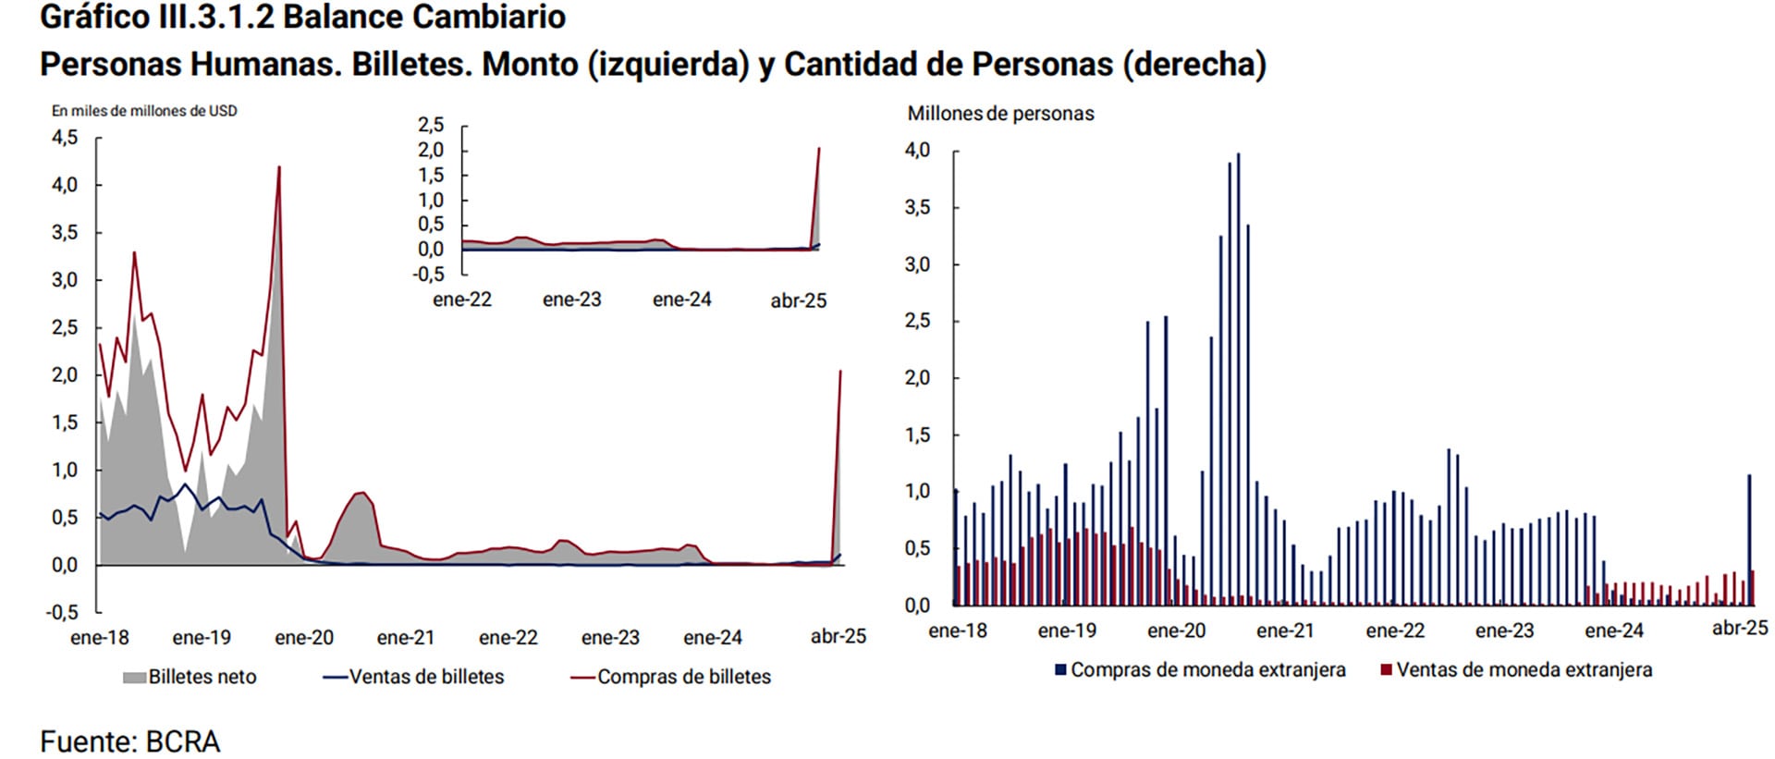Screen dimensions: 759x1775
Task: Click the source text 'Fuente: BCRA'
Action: point(129,741)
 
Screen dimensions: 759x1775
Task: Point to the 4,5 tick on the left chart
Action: point(65,138)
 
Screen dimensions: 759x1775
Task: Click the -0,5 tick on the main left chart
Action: point(63,612)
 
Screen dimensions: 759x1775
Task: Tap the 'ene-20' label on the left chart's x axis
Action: point(304,638)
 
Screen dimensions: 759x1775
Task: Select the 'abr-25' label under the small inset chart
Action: point(799,300)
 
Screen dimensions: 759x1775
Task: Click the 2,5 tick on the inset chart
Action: point(431,125)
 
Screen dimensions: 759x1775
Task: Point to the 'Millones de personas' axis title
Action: point(1000,114)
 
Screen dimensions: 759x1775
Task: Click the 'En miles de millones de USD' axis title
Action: point(144,111)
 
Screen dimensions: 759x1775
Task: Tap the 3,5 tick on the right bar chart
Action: point(917,207)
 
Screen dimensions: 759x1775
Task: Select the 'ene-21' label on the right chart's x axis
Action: point(1285,630)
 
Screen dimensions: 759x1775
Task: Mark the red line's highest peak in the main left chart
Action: point(279,168)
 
